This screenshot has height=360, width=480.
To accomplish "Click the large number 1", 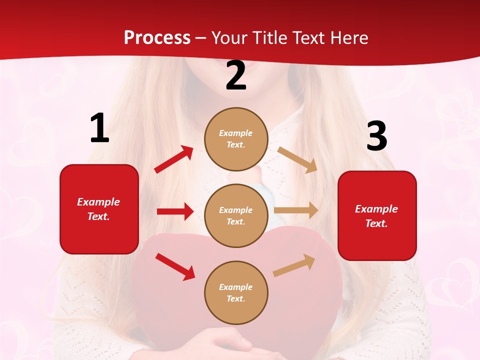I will [99, 128].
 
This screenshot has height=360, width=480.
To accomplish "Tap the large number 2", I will [236, 75].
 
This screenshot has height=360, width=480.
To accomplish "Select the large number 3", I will [376, 136].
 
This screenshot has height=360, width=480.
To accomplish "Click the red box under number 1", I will [99, 209].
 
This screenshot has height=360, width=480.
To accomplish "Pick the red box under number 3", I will [377, 215].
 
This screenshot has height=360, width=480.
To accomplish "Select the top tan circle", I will [236, 139].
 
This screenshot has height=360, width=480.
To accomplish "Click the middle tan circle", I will [236, 215].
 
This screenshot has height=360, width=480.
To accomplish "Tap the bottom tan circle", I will [236, 292].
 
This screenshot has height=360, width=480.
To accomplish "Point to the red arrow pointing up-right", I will [174, 159].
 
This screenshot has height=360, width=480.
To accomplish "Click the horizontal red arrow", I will [175, 211].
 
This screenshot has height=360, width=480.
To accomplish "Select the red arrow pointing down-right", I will [175, 266].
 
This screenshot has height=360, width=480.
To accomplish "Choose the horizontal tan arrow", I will [296, 210].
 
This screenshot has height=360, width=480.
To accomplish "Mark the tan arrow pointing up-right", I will [294, 265].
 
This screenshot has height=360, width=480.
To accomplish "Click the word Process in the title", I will [157, 37].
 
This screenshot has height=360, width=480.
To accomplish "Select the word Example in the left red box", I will [98, 202].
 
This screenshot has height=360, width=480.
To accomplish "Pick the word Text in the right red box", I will [376, 223].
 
